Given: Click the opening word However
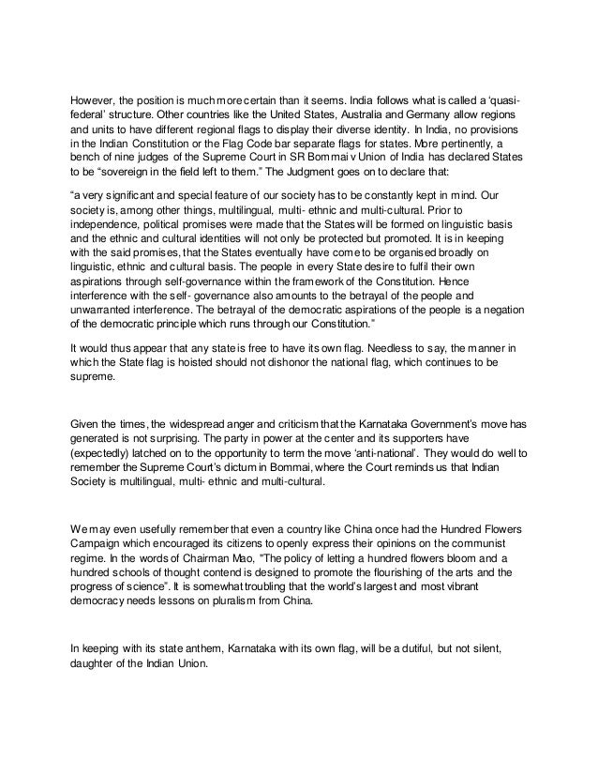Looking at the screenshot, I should coord(94,103).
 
